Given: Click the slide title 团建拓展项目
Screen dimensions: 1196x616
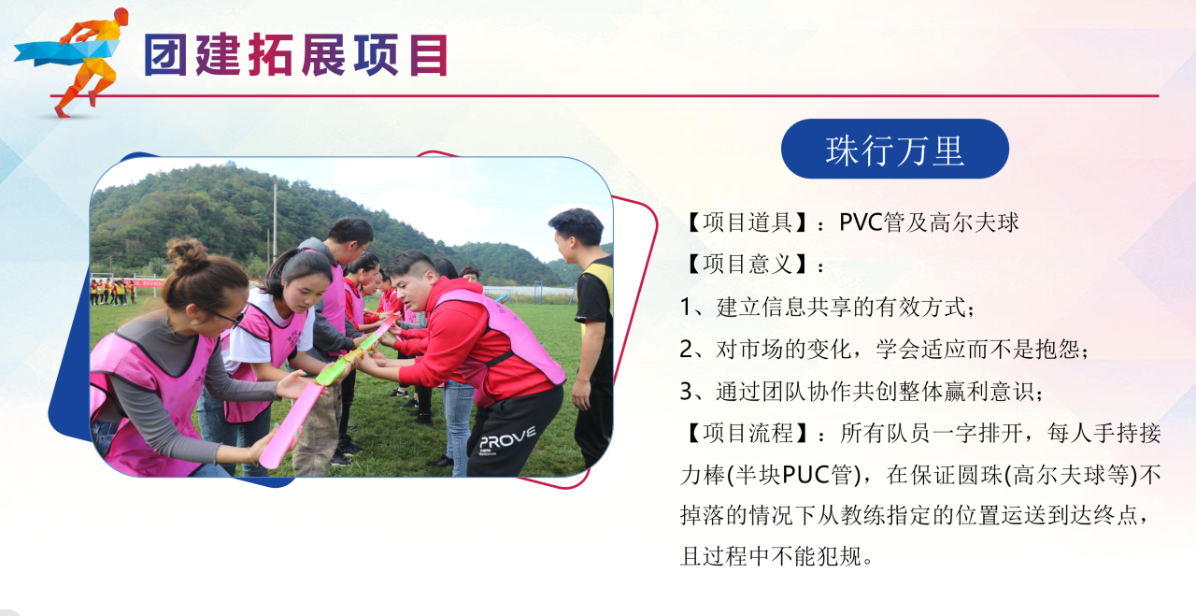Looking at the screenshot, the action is (x=296, y=54).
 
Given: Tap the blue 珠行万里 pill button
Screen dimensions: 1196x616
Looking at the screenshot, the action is (x=895, y=149).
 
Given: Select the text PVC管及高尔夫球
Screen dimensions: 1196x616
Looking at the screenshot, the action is (x=929, y=222).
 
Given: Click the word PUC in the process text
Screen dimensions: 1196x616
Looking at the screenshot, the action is (x=805, y=475).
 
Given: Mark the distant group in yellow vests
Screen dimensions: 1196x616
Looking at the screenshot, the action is (x=113, y=292).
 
